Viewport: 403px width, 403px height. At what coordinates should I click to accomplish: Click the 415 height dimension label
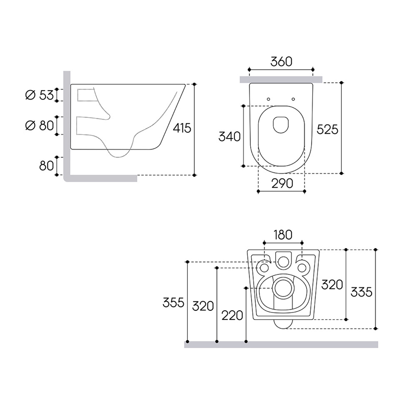tap(182, 128)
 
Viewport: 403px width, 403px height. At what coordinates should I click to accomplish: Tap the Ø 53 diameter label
tap(39, 95)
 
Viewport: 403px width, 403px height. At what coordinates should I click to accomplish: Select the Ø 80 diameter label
tap(39, 126)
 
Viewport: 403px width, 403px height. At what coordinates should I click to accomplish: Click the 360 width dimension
tap(281, 62)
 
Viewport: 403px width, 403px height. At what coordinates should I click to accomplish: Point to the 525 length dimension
tap(327, 129)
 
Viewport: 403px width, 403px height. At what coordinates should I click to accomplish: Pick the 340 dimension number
tap(229, 137)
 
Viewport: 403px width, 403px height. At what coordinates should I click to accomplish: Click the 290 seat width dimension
tap(282, 183)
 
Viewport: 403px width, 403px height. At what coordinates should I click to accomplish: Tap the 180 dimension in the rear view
tap(283, 235)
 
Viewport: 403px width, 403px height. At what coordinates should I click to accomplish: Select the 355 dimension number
tap(173, 303)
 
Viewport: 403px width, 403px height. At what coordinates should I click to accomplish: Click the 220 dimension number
tap(232, 316)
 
